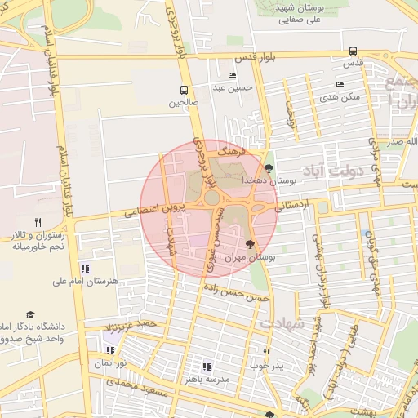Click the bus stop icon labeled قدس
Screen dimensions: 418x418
pos(353,51)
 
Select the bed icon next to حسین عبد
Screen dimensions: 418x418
pos(233,76)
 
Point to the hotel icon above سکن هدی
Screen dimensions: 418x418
pos(340,85)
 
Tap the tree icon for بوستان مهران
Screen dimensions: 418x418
pos(250,244)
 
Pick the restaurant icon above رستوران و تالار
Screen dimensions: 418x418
pos(38,222)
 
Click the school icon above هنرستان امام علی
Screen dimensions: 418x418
pos(85,269)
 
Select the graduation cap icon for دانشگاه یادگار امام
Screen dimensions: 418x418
pos(30,314)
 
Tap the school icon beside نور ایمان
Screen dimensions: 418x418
pos(110,350)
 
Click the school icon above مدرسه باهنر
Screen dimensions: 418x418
pos(206,367)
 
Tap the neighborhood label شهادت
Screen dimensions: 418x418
pos(282,323)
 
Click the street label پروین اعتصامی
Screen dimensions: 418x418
pos(155,209)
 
